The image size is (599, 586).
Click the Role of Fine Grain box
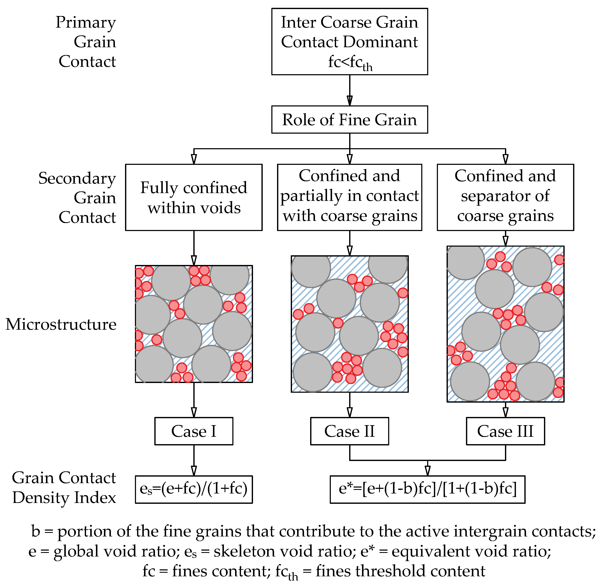tap(349, 120)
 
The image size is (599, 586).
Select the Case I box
tap(194, 431)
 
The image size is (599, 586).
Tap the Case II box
tap(349, 431)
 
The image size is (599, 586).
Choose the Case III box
tap(505, 431)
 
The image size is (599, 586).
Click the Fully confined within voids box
tap(194, 197)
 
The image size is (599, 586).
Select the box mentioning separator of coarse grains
tap(505, 197)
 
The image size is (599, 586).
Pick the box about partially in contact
tap(349, 197)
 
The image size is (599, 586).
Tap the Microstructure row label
tap(61, 324)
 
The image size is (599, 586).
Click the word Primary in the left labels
tap(86, 23)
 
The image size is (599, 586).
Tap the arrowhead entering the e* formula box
tap(427, 470)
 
